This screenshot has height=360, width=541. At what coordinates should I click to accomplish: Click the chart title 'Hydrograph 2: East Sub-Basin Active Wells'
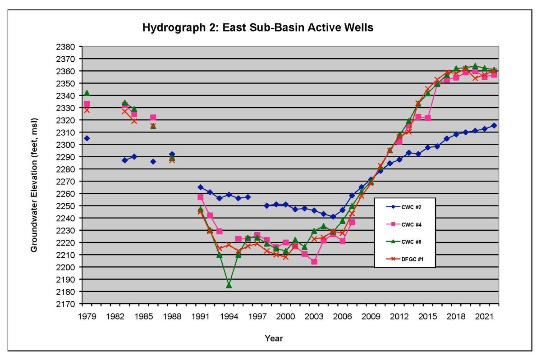pos(258,28)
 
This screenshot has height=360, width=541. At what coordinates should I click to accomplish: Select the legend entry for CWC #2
pos(404,207)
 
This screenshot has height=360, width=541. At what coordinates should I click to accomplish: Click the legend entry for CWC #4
pos(404,224)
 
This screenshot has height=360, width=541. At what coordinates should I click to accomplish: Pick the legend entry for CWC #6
pos(404,242)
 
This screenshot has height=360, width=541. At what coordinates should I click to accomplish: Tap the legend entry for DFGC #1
pos(404,258)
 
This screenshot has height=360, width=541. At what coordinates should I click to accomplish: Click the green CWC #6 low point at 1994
pos(229,285)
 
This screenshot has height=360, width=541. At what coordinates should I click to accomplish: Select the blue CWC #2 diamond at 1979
pos(87,138)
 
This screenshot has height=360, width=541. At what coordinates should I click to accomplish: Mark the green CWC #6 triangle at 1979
pos(87,93)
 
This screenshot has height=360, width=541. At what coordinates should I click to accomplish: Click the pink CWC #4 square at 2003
pos(314,262)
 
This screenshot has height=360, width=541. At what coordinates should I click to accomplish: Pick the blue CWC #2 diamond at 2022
pos(494,126)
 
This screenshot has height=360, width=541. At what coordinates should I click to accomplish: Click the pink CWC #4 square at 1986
pos(153,118)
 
